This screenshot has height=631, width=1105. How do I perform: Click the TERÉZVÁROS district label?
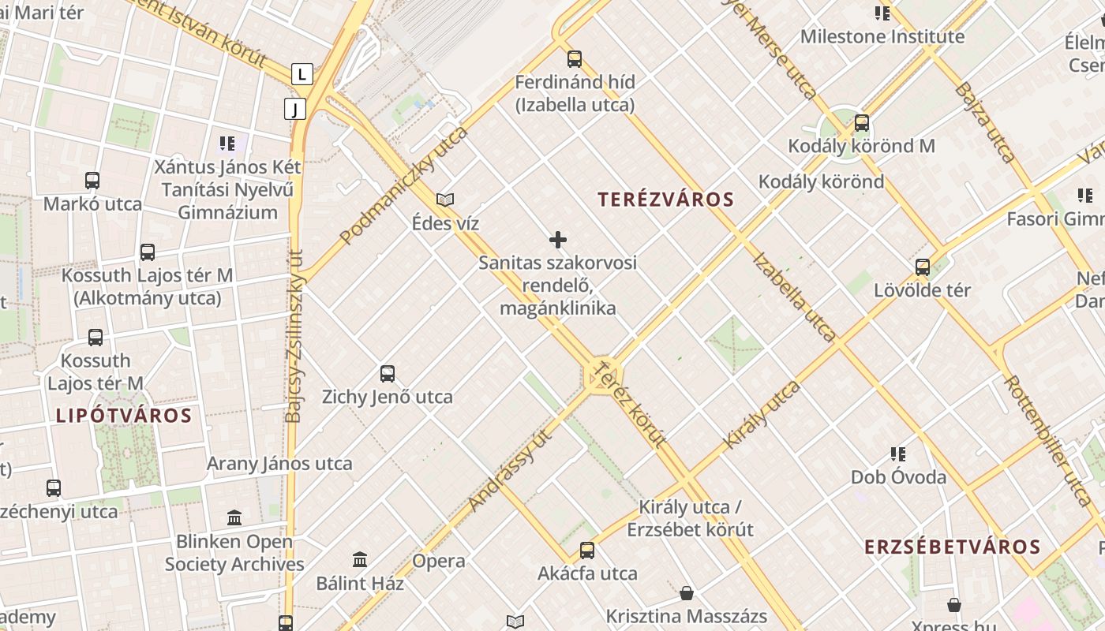coord(665,200)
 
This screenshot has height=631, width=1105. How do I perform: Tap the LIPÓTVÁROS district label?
coord(124,416)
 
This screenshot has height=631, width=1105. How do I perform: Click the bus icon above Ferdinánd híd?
coord(575,58)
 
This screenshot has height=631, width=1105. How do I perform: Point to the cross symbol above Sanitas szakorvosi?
coord(558,239)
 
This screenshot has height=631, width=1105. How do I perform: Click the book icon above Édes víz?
coord(445,200)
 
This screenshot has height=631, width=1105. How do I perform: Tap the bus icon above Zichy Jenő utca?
coord(387,373)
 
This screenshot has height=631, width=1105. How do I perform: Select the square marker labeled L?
coord(302,75)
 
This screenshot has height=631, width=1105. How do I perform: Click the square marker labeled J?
coord(294,109)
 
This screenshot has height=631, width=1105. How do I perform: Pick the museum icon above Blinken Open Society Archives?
coord(234,518)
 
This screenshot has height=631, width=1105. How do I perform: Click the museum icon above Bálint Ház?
coord(360,559)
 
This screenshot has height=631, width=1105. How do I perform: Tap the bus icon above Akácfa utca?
coord(587,550)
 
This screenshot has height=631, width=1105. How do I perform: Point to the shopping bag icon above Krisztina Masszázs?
coord(687,592)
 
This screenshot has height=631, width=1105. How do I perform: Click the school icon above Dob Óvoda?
coord(897,454)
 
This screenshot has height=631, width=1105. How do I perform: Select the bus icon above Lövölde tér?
coord(922,267)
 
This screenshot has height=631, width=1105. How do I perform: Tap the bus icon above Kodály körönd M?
coord(862,123)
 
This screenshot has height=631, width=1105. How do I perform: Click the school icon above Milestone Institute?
coord(882,13)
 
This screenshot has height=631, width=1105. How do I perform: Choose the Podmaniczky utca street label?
coord(404,185)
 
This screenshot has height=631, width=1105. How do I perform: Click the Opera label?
coord(439,562)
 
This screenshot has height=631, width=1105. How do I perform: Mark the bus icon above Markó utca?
coord(92,181)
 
